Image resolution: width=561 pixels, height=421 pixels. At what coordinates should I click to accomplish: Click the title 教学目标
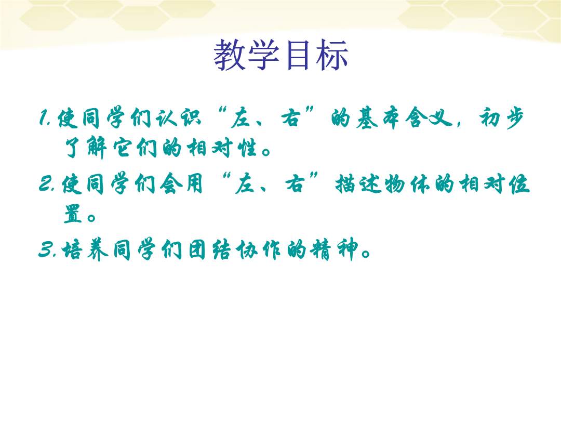(x=281, y=55)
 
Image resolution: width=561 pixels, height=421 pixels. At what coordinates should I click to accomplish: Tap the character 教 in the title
(x=230, y=55)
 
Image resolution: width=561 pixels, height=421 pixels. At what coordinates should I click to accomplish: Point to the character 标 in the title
(x=332, y=55)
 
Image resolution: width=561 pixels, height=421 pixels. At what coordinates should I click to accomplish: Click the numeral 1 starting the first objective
(x=44, y=117)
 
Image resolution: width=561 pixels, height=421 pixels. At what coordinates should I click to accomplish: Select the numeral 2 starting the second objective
(x=45, y=183)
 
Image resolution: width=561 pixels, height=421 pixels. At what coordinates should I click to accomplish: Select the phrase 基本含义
(x=404, y=117)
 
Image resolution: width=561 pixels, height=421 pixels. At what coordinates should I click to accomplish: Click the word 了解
(x=86, y=147)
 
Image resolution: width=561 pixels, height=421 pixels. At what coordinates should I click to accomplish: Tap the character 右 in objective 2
(x=295, y=183)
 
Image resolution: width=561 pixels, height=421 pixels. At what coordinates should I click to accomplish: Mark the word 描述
(x=358, y=184)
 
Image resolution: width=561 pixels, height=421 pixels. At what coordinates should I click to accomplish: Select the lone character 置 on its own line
(x=73, y=214)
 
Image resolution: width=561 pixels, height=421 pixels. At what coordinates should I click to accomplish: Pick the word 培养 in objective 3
(x=85, y=249)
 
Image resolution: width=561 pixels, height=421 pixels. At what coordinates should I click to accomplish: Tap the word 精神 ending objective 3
(x=334, y=249)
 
